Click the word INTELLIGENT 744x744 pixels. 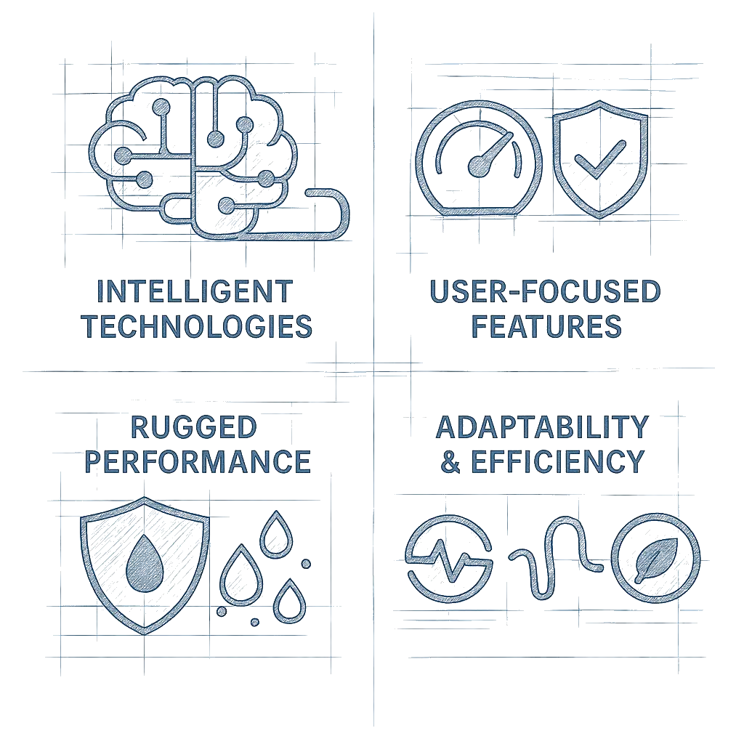click(x=195, y=291)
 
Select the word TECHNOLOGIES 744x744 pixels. click(x=197, y=326)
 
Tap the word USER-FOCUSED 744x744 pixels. click(x=545, y=291)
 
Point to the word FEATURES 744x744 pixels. click(x=546, y=326)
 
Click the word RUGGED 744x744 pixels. click(x=193, y=427)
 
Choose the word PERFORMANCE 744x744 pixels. click(x=198, y=461)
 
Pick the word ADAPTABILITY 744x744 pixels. click(x=542, y=427)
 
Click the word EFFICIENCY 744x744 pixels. click(x=558, y=461)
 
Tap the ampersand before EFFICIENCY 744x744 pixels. click(x=450, y=461)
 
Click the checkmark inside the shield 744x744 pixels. click(x=599, y=159)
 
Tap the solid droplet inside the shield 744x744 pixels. click(x=145, y=564)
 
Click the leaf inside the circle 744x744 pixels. click(x=656, y=560)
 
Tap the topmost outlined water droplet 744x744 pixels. click(x=276, y=534)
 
